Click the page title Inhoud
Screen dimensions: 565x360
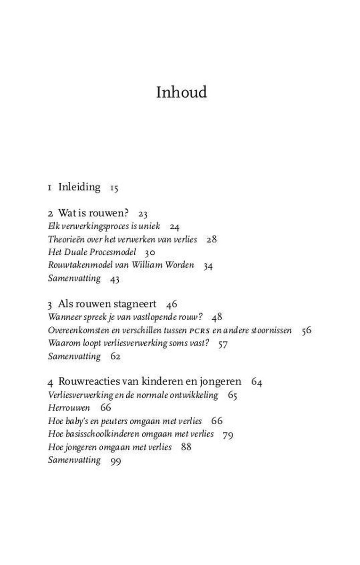[x=181, y=92]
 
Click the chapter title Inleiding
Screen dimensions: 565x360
[x=79, y=187]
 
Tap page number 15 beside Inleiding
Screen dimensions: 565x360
[x=114, y=188]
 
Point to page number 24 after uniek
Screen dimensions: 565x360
[x=174, y=227]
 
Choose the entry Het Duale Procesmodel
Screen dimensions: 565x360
[x=92, y=252]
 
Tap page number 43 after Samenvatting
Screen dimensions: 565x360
[x=115, y=279]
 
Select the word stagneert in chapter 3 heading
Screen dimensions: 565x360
[x=137, y=304]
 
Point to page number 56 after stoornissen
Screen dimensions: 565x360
[x=307, y=330]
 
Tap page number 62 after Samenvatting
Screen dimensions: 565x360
[x=115, y=356]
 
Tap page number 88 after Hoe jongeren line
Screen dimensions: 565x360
[x=186, y=446]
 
